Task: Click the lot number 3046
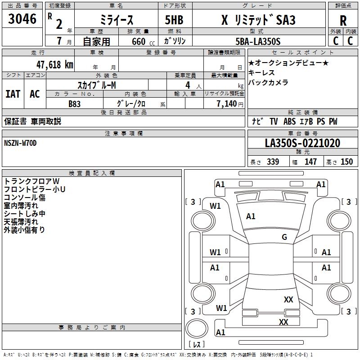pyautogui.click(x=22, y=19)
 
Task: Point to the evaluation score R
pyautogui.click(x=343, y=20)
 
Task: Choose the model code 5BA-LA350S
pyautogui.click(x=258, y=41)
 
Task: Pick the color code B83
pyautogui.click(x=75, y=103)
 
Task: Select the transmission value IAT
pyautogui.click(x=13, y=94)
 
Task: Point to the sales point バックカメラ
pyautogui.click(x=268, y=82)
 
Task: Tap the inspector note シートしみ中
pyautogui.click(x=24, y=214)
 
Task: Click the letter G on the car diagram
pyautogui.click(x=284, y=237)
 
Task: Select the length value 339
pyautogui.click(x=273, y=162)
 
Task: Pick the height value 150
pyautogui.click(x=346, y=162)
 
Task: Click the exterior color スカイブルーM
pyautogui.click(x=97, y=85)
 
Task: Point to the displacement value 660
pyautogui.click(x=138, y=41)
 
